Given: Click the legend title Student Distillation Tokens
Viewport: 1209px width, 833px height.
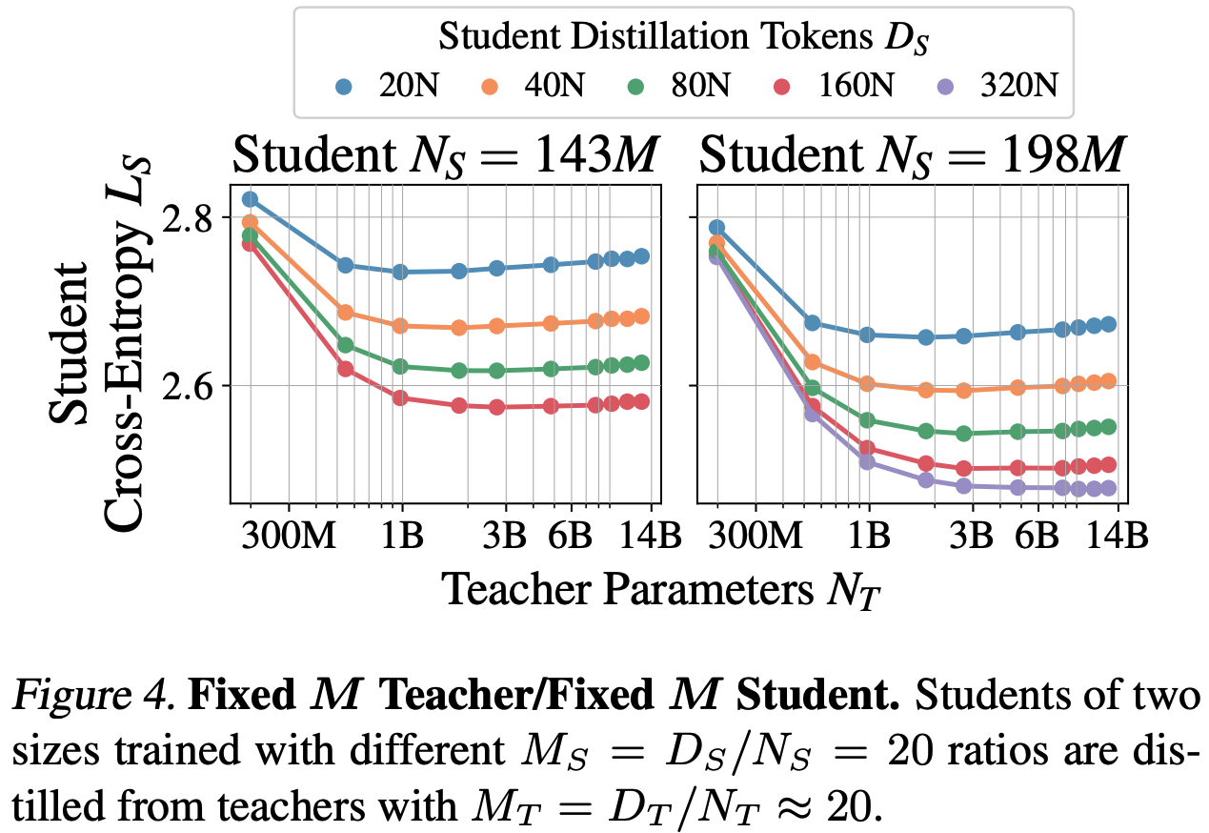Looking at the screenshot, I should (683, 37).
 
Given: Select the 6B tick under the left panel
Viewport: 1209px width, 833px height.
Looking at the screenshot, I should (571, 537).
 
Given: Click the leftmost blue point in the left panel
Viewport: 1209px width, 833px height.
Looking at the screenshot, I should (250, 199).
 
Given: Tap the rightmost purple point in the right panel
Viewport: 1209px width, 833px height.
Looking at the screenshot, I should (1107, 489).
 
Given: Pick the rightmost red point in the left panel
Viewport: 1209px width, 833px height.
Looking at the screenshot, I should (641, 401).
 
